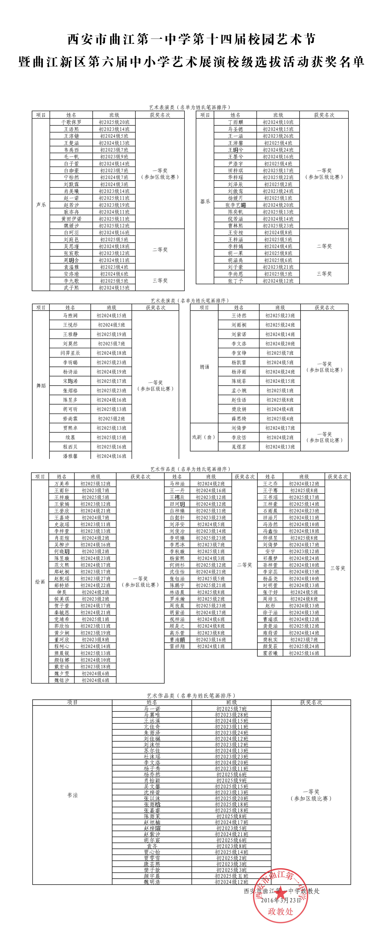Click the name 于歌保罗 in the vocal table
[x=71, y=122]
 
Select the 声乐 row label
[x=41, y=205]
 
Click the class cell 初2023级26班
[x=278, y=136]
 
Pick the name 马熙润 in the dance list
[x=70, y=315]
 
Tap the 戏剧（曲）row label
[x=204, y=437]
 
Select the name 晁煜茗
[x=239, y=447]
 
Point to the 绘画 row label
[x=40, y=582]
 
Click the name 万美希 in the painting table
[x=62, y=484]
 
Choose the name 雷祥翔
[x=177, y=646]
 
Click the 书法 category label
[x=73, y=795]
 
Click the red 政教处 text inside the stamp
[x=281, y=912]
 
